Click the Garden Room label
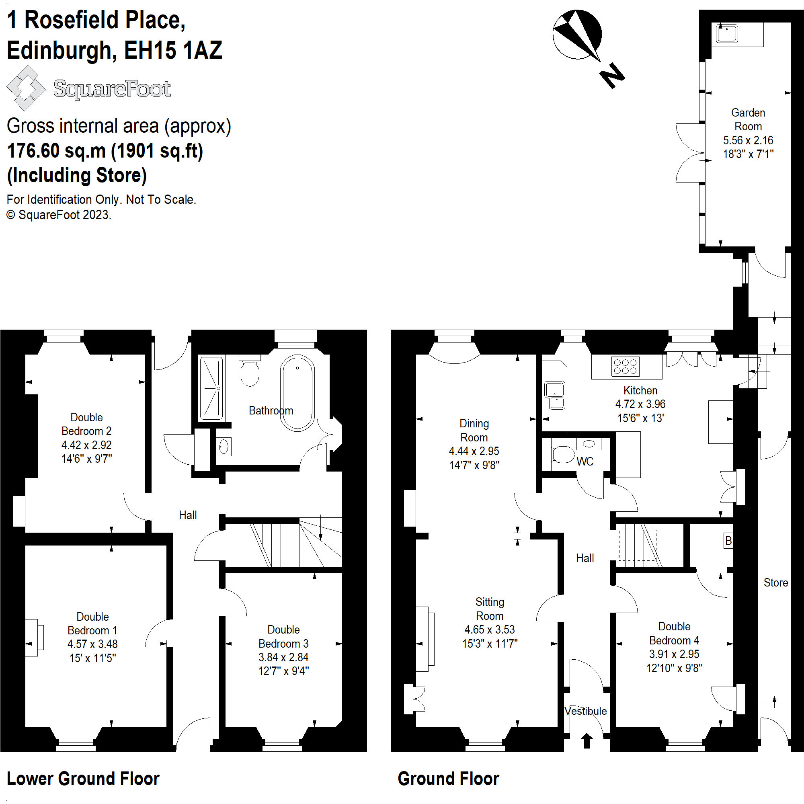click(748, 119)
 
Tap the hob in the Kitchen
click(625, 367)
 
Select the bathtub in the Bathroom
click(297, 392)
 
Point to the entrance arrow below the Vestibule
click(587, 741)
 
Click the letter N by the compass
click(612, 75)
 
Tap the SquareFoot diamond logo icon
click(26, 88)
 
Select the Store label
click(775, 582)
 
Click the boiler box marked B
click(728, 541)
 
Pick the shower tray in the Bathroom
click(211, 388)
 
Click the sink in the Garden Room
click(726, 33)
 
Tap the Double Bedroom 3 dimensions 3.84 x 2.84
click(283, 657)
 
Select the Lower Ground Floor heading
click(83, 779)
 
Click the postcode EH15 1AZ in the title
click(173, 50)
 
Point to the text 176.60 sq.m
click(57, 151)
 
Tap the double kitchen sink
click(555, 395)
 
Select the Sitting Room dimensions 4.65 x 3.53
click(489, 629)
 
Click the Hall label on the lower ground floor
click(188, 515)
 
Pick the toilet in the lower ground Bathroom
click(250, 371)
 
